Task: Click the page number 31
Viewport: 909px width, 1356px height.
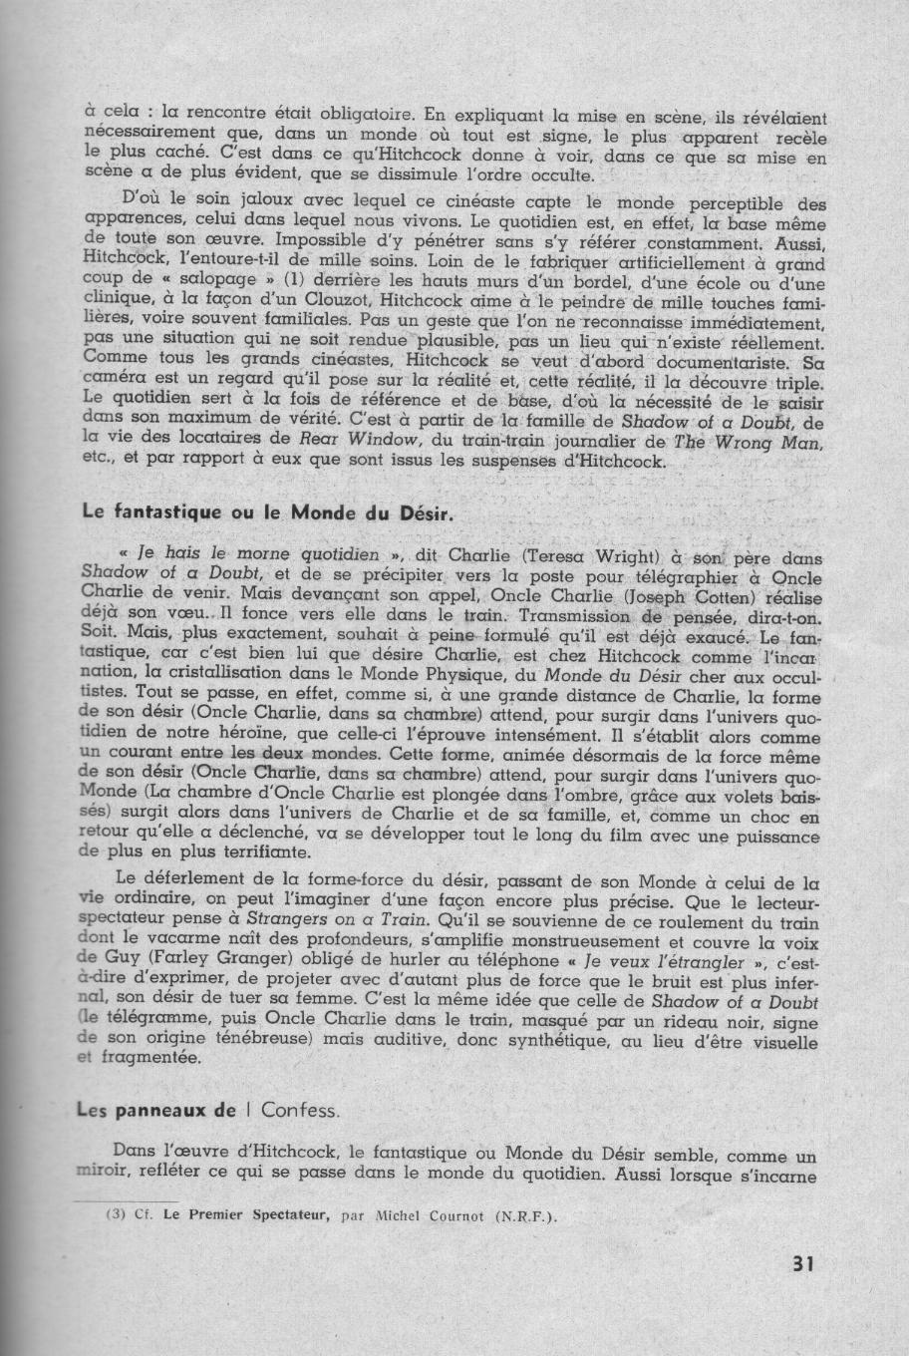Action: pyautogui.click(x=803, y=1262)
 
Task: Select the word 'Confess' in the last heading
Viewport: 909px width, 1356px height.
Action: pyautogui.click(x=304, y=1110)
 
